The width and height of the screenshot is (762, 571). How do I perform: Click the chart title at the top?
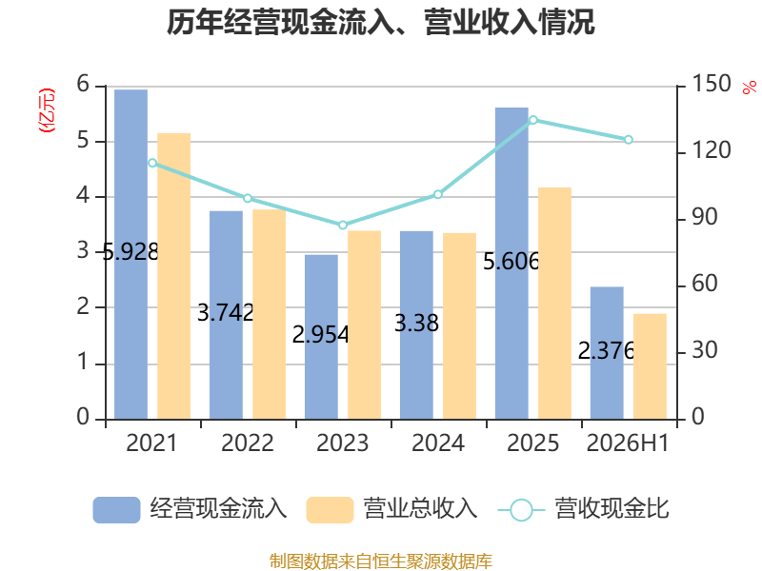tap(380, 22)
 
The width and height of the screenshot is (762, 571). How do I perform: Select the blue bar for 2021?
tap(130, 254)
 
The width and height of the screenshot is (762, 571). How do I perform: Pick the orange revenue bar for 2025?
tap(554, 304)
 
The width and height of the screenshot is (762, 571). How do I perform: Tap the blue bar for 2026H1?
tap(607, 353)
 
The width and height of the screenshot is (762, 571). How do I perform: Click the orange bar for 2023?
tap(365, 325)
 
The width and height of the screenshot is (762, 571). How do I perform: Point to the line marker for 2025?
tap(533, 120)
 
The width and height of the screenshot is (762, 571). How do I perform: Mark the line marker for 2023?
tap(343, 225)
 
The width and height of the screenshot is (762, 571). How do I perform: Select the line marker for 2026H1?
tap(629, 140)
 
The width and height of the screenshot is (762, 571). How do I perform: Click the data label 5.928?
tap(130, 251)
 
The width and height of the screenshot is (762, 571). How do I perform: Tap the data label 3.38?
tap(416, 323)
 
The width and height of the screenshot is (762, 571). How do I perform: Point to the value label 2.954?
tap(321, 335)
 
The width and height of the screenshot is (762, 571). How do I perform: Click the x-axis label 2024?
tap(438, 443)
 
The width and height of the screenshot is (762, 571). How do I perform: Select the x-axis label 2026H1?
tap(628, 443)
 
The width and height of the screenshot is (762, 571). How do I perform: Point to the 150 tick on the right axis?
tap(712, 84)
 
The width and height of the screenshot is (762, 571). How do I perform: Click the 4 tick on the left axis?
tap(83, 196)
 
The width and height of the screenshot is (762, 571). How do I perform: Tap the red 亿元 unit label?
tap(47, 110)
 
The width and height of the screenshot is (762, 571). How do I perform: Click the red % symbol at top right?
tap(750, 88)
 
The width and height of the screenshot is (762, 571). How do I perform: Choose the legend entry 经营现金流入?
tap(190, 509)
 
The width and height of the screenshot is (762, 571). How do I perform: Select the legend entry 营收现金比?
tap(584, 509)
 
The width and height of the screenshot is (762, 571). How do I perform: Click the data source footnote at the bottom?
tap(381, 561)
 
